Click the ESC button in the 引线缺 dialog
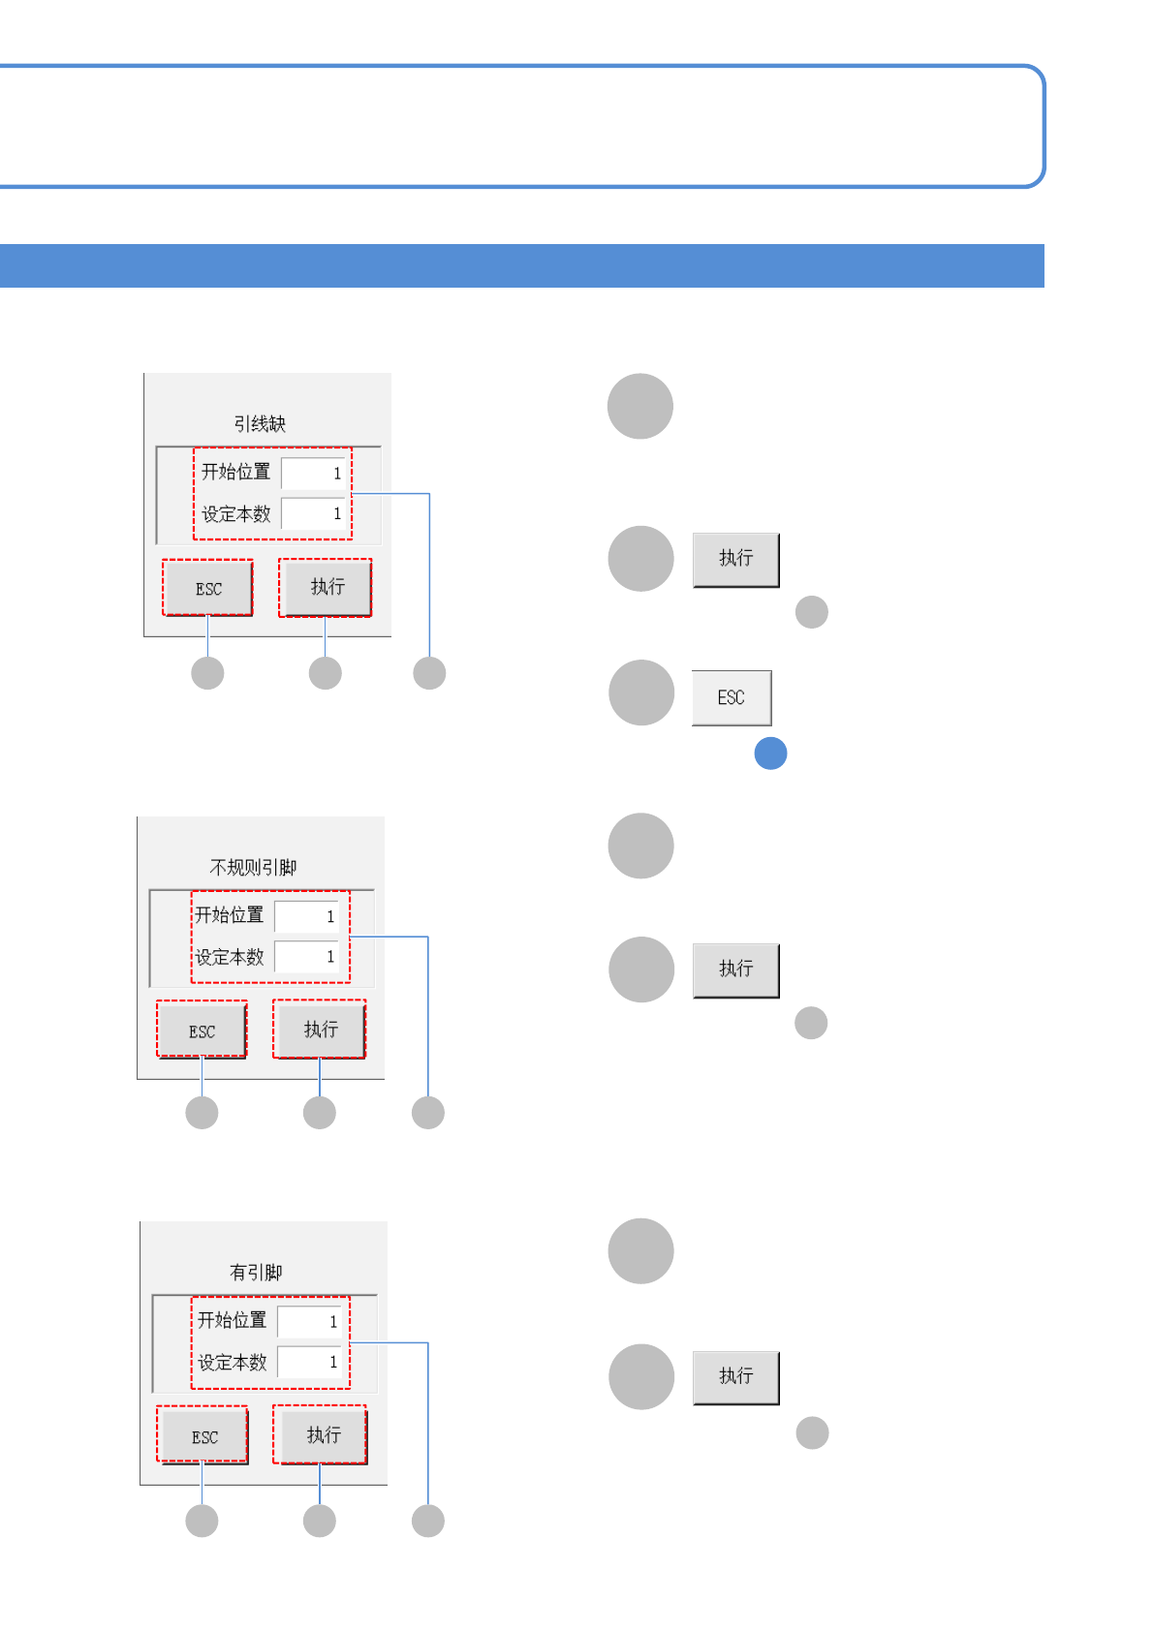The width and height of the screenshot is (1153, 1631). (x=207, y=588)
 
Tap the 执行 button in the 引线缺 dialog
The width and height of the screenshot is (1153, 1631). (x=326, y=587)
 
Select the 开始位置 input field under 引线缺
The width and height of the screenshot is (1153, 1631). (x=313, y=474)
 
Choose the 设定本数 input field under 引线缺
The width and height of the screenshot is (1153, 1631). (x=313, y=513)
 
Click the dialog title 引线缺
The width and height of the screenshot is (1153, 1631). (x=260, y=424)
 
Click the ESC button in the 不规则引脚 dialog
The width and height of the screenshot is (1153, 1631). (x=202, y=1031)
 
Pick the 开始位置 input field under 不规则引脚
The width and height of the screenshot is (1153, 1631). (x=306, y=916)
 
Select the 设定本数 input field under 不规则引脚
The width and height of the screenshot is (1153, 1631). (x=306, y=957)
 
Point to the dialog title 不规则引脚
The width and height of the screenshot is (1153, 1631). (x=253, y=867)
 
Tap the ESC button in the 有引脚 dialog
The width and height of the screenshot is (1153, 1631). (x=204, y=1436)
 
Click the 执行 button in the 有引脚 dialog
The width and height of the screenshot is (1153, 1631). (x=321, y=1434)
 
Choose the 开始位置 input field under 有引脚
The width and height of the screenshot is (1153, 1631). (x=309, y=1321)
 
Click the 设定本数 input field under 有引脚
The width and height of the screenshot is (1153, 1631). (x=309, y=1362)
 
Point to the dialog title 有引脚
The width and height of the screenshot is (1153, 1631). (x=256, y=1272)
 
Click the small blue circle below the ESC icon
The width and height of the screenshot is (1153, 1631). (x=770, y=754)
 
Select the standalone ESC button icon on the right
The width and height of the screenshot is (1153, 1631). (x=732, y=697)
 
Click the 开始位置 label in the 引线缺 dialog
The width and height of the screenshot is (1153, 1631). (x=235, y=473)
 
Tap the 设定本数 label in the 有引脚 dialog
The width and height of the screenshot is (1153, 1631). (x=233, y=1363)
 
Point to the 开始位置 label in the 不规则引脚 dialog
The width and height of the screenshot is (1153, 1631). (x=230, y=915)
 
